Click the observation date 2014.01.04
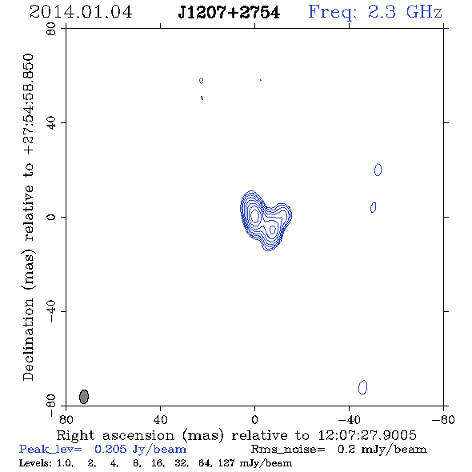[81, 12]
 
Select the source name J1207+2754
[229, 13]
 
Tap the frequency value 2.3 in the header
[382, 12]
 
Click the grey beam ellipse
[84, 397]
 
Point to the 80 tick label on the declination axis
[51, 29]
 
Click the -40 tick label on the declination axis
[51, 311]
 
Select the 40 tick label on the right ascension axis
[160, 420]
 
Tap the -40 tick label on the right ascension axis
[349, 420]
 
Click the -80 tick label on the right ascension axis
[443, 420]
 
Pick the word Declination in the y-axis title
[28, 339]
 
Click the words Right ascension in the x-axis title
[115, 435]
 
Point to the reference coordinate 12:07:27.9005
[367, 435]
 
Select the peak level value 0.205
[110, 449]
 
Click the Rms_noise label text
[288, 450]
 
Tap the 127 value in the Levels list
[226, 463]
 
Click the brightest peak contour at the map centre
[255, 215]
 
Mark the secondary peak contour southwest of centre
[273, 230]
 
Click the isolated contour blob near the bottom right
[362, 387]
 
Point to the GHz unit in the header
[424, 12]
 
